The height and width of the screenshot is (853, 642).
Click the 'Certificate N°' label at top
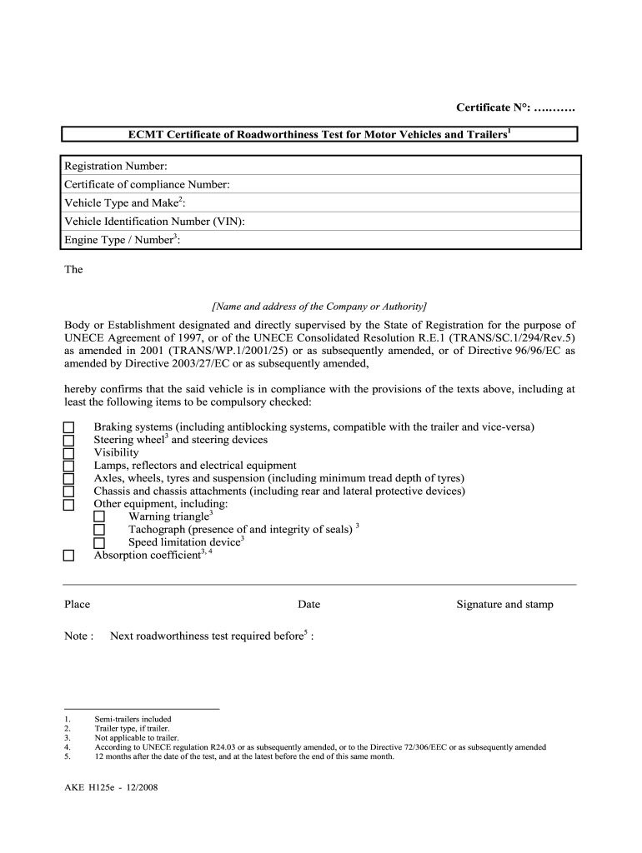(492, 107)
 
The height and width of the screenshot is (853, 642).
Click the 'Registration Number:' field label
(116, 166)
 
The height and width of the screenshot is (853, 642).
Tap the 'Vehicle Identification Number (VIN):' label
(154, 222)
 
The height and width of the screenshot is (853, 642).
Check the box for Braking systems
(68, 428)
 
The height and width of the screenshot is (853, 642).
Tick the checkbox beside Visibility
(68, 453)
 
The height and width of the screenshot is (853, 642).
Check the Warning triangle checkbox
(99, 517)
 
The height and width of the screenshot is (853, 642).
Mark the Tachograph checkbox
(99, 530)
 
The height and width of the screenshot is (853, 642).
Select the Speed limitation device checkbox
(99, 543)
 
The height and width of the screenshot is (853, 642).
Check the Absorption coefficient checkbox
(68, 556)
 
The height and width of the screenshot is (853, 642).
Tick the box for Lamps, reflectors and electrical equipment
(68, 466)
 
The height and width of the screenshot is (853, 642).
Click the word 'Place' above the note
(77, 605)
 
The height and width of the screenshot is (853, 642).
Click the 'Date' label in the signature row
(308, 605)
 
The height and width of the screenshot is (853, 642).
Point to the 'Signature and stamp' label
(504, 605)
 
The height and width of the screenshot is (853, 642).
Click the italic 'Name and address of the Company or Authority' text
(319, 306)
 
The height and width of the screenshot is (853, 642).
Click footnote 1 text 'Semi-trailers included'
(133, 719)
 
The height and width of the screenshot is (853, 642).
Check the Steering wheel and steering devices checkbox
(68, 441)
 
